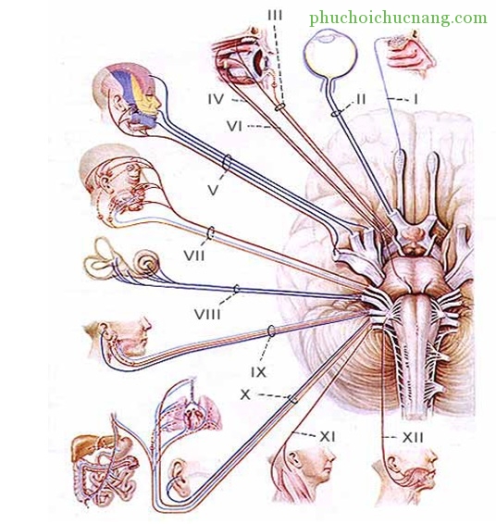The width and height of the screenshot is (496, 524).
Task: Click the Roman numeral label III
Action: pos(275,16)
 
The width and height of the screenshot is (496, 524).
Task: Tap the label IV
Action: pos(217,99)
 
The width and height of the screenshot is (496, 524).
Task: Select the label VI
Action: pos(234,126)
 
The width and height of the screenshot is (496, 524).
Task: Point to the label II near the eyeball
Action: pos(361,99)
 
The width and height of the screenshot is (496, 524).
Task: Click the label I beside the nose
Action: pos(415,99)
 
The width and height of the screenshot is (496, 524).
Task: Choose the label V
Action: pos(213,190)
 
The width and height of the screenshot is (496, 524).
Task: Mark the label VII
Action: pos(194,256)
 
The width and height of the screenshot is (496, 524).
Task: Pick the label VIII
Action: pos(207,314)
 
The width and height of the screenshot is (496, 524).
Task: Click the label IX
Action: pos(258,372)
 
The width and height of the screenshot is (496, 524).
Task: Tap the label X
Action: pos(245,395)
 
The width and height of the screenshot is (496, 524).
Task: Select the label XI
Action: pos(328,436)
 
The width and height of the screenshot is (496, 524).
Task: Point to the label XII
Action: pos(413,438)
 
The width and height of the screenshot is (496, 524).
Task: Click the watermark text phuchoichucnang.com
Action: pos(398,18)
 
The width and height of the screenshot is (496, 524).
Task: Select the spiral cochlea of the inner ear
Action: pos(146,263)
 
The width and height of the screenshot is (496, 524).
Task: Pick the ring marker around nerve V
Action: pos(227,163)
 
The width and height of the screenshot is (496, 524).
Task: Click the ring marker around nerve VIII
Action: pos(236,289)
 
